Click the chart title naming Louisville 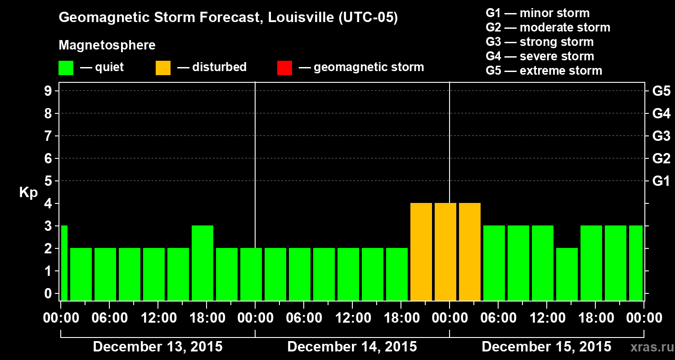point(228,18)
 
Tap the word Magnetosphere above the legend point(107,45)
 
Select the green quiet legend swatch point(66,68)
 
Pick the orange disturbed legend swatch point(163,68)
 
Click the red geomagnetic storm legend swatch point(284,68)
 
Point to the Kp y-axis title point(28,193)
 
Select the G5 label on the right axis point(661,91)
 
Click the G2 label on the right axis point(661,159)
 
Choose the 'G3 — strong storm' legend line point(540,42)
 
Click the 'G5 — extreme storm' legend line point(544,71)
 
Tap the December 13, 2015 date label point(157,347)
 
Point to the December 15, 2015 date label point(546,347)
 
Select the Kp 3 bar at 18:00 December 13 point(202,263)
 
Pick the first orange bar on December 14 point(421,252)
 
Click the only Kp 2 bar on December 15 point(567,274)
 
